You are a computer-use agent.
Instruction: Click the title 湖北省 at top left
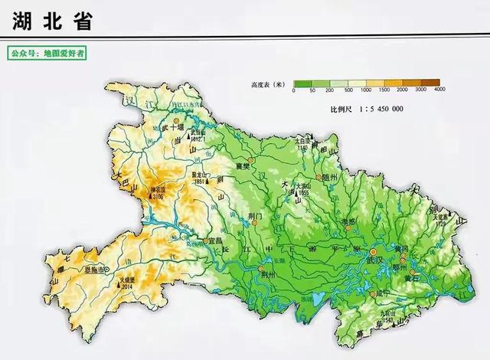pyautogui.click(x=52, y=21)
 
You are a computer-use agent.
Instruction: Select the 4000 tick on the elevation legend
pyautogui.click(x=439, y=90)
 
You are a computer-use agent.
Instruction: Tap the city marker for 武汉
pyautogui.click(x=374, y=252)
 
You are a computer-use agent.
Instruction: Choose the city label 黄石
pyautogui.click(x=417, y=280)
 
